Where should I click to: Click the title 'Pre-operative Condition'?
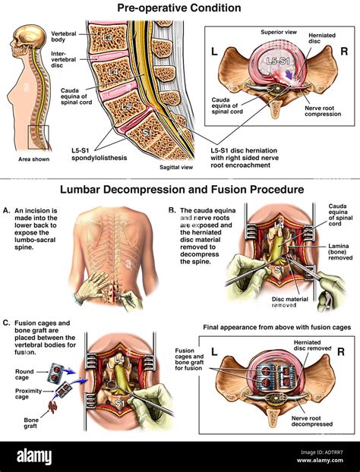[179, 8]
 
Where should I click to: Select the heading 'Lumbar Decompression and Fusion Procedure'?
[179, 188]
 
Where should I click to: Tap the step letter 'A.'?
[7, 210]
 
